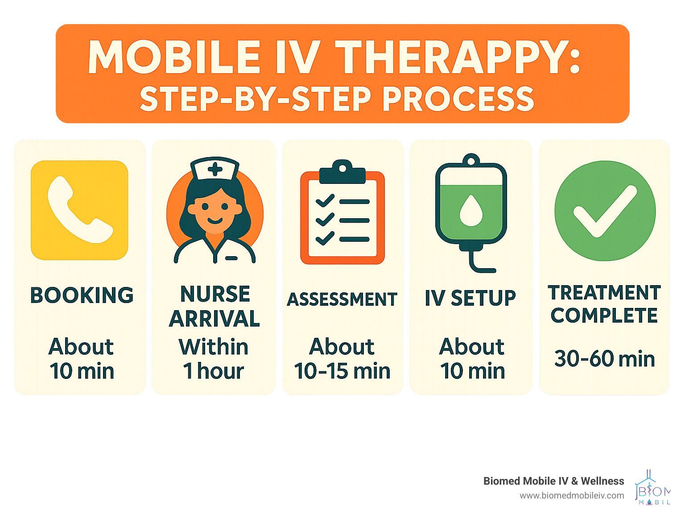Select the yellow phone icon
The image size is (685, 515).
pyautogui.click(x=79, y=210)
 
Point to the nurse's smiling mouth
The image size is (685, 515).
pyautogui.click(x=215, y=221)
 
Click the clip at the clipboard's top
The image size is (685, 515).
pyautogui.click(x=342, y=172)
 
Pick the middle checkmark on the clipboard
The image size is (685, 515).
pyautogui.click(x=325, y=220)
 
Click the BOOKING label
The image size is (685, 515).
pyautogui.click(x=82, y=295)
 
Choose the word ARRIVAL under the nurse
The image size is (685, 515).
pyautogui.click(x=215, y=319)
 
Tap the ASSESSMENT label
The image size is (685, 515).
pyautogui.click(x=342, y=299)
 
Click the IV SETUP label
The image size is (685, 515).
pyautogui.click(x=470, y=298)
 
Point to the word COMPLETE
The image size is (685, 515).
pyautogui.click(x=604, y=315)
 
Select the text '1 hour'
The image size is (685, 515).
pyautogui.click(x=214, y=371)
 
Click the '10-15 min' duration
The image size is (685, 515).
pyautogui.click(x=342, y=371)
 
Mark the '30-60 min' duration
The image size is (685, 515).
pyautogui.click(x=604, y=358)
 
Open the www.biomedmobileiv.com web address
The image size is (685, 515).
pyautogui.click(x=572, y=495)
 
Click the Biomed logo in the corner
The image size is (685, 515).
pyautogui.click(x=652, y=487)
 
